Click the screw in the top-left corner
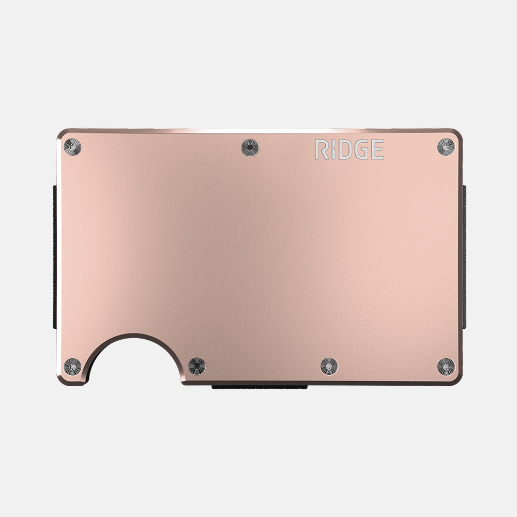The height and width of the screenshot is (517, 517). pos(72,147)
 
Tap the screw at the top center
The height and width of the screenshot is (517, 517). pos(250,148)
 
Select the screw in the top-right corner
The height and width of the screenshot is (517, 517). pos(445,147)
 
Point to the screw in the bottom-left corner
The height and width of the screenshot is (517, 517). pos(72,366)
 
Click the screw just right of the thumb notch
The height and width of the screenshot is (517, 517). pos(196,366)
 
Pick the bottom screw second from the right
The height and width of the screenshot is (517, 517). pos(329,366)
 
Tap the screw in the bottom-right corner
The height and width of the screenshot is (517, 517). pos(445,366)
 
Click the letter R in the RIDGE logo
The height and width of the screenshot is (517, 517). pos(320,149)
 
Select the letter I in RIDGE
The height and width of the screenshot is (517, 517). pos(332,149)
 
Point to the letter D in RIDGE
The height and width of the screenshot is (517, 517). pos(344,149)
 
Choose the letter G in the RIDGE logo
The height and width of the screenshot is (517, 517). pos(361,149)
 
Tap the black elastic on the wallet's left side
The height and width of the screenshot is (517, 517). pos(55,258)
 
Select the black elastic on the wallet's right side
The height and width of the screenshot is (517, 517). pos(464,258)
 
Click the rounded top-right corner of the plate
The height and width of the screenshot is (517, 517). pos(457,133)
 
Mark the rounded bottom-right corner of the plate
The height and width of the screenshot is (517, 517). pos(457,380)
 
